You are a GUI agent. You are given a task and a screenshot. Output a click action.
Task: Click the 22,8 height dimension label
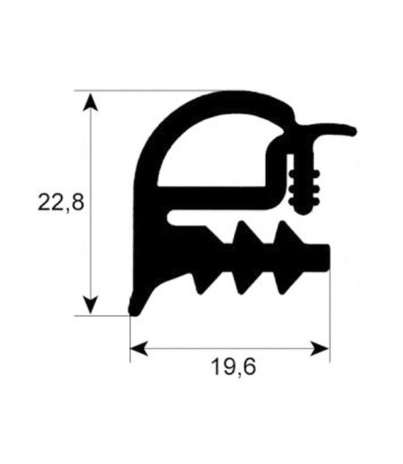tap(61, 203)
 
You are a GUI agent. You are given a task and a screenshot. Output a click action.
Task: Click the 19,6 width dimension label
tap(233, 367)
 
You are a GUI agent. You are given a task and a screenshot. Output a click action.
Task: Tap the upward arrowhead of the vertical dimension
tap(90, 102)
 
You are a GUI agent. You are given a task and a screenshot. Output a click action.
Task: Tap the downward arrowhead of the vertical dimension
tap(91, 305)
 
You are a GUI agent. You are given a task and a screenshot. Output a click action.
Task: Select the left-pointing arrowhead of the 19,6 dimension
tap(139, 349)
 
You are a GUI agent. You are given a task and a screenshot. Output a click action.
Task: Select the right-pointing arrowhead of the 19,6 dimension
tap(320, 349)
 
